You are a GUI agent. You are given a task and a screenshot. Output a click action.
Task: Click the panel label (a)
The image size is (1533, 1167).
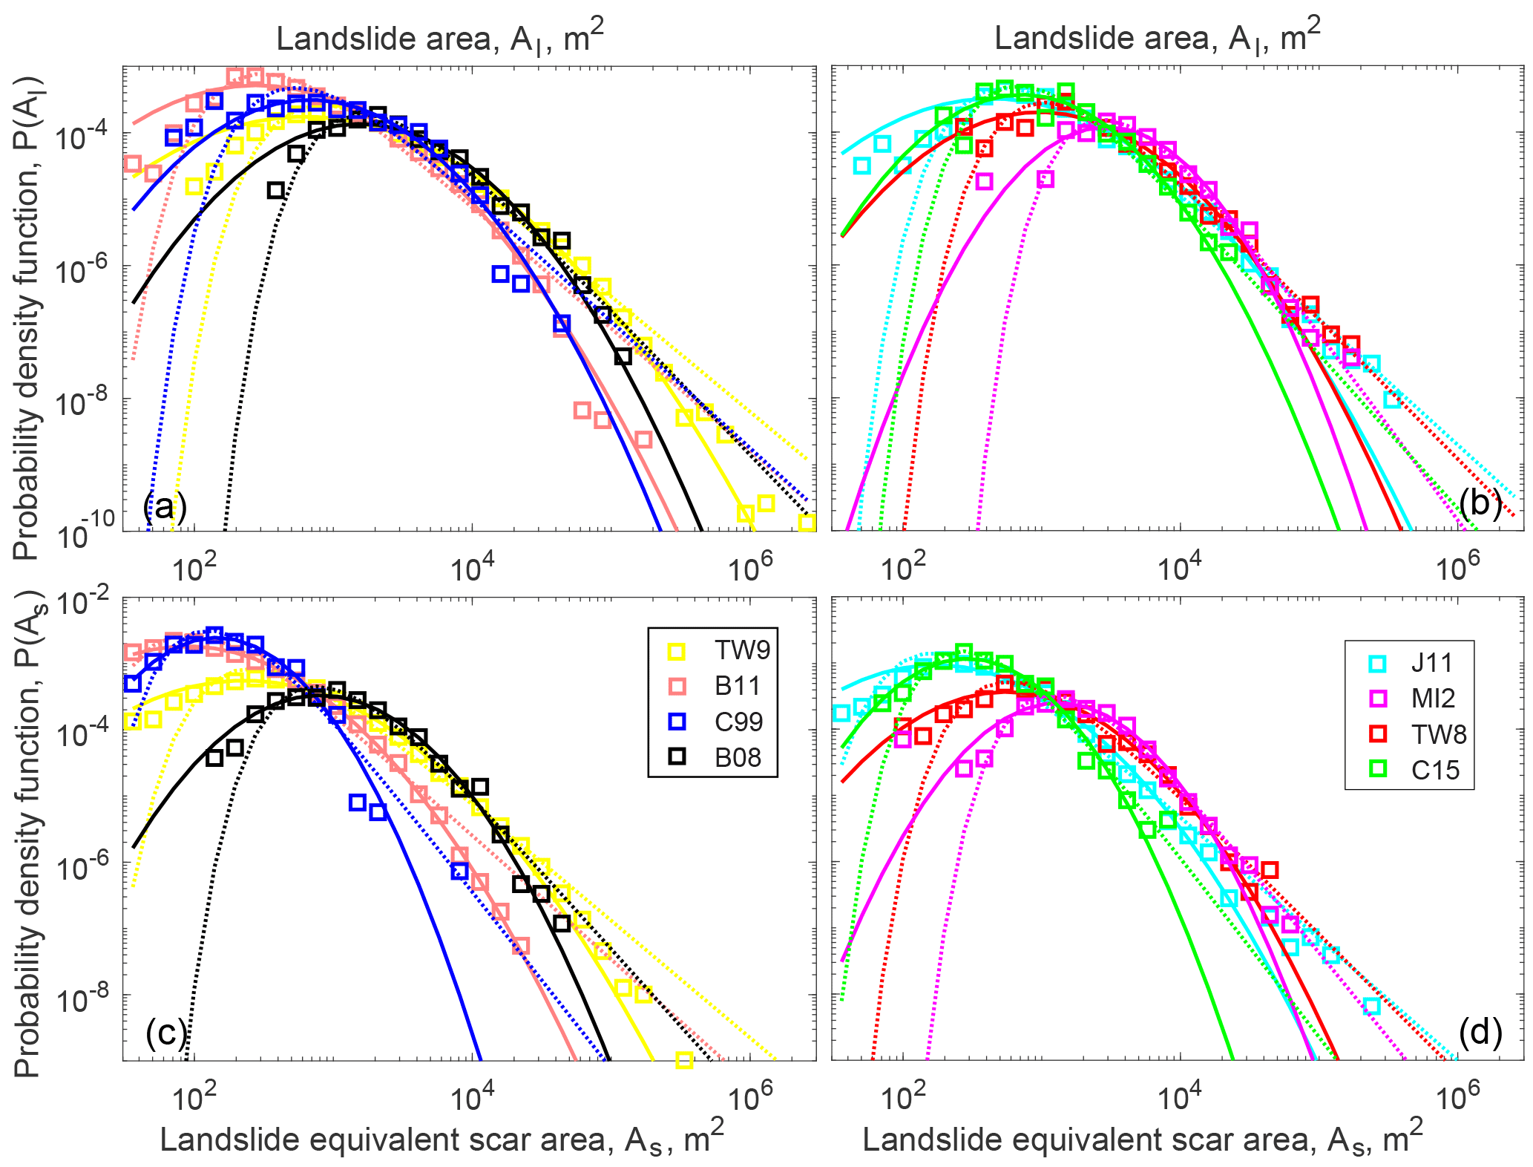point(165,507)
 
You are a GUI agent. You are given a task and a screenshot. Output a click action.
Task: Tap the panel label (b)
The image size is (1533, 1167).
point(1480,504)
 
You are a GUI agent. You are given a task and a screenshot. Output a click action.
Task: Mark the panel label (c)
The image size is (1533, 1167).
point(165,1033)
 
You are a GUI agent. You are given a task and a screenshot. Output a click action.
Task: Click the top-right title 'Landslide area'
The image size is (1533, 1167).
point(1158,37)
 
